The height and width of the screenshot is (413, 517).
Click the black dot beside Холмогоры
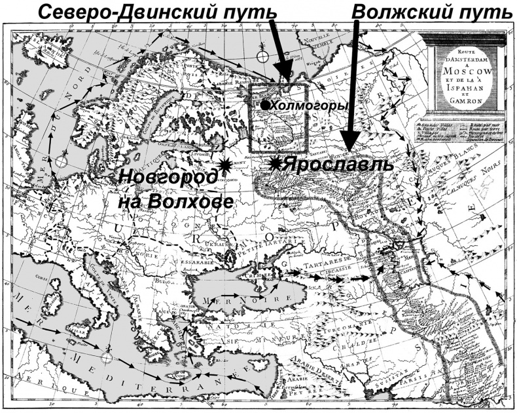pos(264,104)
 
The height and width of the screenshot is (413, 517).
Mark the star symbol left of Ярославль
pos(276,165)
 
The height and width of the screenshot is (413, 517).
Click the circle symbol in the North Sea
pos(62,160)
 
